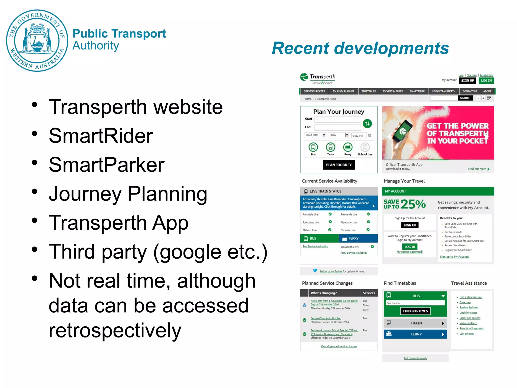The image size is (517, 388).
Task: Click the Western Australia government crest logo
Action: tap(37, 40)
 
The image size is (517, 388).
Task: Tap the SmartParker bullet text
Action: tap(107, 165)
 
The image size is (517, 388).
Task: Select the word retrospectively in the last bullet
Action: tap(115, 330)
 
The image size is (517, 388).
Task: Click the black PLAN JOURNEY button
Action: tap(339, 165)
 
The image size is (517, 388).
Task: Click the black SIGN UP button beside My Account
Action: tap(467, 81)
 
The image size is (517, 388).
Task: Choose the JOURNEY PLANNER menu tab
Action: tap(343, 91)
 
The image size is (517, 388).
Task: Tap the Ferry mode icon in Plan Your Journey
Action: tap(348, 147)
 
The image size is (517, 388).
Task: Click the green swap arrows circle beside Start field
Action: tap(367, 124)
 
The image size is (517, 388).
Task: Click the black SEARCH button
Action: tap(465, 98)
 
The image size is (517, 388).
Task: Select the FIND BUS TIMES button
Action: tap(415, 311)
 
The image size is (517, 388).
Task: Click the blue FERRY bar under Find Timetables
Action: tap(415, 334)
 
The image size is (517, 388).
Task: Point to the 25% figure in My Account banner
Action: tap(413, 204)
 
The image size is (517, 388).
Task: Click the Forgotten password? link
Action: tap(410, 252)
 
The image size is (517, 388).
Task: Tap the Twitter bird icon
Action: tap(315, 271)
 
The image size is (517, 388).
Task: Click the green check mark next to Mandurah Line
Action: tap(368, 222)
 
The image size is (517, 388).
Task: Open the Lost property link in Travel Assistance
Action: tap(467, 334)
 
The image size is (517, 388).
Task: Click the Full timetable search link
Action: tap(415, 358)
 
